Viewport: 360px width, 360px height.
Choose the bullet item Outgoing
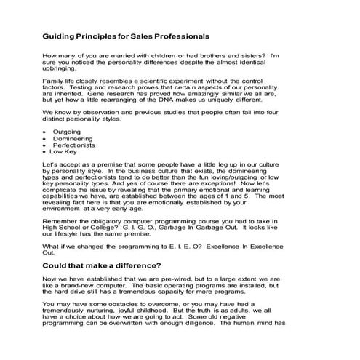click(68, 132)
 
